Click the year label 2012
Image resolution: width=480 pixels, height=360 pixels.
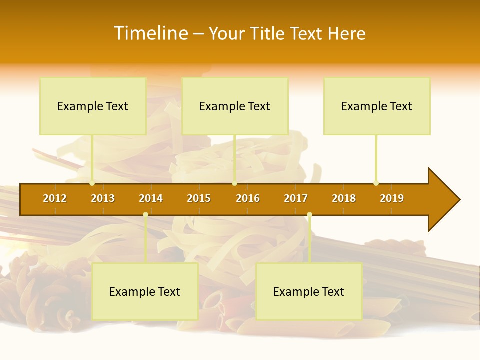[55, 198]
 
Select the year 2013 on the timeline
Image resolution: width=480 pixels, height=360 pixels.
[103, 198]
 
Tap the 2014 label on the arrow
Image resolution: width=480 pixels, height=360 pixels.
[151, 198]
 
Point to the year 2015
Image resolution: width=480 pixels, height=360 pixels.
[199, 198]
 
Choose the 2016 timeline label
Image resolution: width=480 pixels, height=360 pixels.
[248, 198]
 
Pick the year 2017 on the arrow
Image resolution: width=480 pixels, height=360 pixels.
[296, 198]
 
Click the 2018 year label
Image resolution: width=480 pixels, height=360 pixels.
[344, 198]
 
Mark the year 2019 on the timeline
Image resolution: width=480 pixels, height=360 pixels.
[392, 198]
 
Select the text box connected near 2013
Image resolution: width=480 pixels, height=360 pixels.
[93, 106]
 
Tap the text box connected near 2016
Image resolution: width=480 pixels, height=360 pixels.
[235, 106]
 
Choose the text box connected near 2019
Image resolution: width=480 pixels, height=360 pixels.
[377, 106]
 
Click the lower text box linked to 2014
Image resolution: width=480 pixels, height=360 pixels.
[145, 291]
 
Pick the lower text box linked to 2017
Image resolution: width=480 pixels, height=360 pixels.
[309, 291]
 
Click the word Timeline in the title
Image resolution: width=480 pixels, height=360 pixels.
[151, 33]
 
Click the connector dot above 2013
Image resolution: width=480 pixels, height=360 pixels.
[92, 183]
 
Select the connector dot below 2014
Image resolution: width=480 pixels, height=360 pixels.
[145, 215]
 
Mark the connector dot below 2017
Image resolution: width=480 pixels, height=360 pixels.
[309, 215]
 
